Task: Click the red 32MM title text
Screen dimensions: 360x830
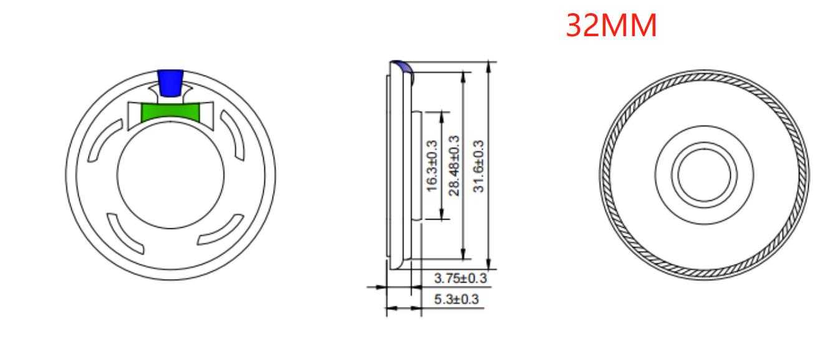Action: pyautogui.click(x=610, y=26)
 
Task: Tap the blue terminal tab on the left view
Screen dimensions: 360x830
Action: pyautogui.click(x=170, y=82)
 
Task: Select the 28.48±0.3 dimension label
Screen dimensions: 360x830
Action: pyautogui.click(x=453, y=165)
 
